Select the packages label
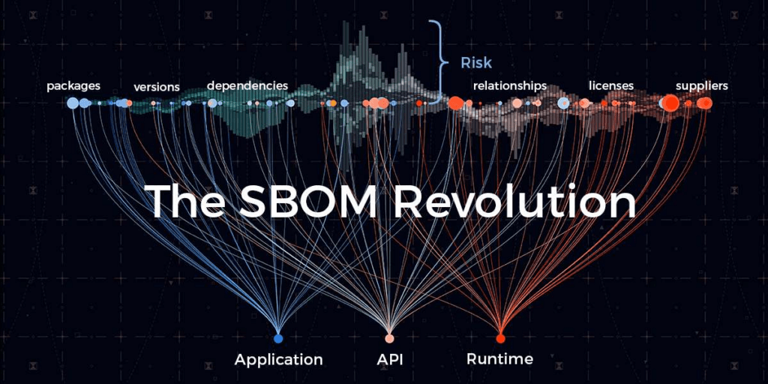point(73,85)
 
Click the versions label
point(157,87)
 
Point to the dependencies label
point(247,85)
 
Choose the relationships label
point(510,85)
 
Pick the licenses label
point(611,85)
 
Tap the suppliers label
point(701,85)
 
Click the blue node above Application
point(278,338)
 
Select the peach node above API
point(389,338)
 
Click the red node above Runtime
point(500,338)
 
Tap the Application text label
point(278,359)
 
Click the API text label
point(390,359)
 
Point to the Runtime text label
point(499,358)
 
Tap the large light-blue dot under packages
point(73,103)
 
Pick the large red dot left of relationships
point(455,103)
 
